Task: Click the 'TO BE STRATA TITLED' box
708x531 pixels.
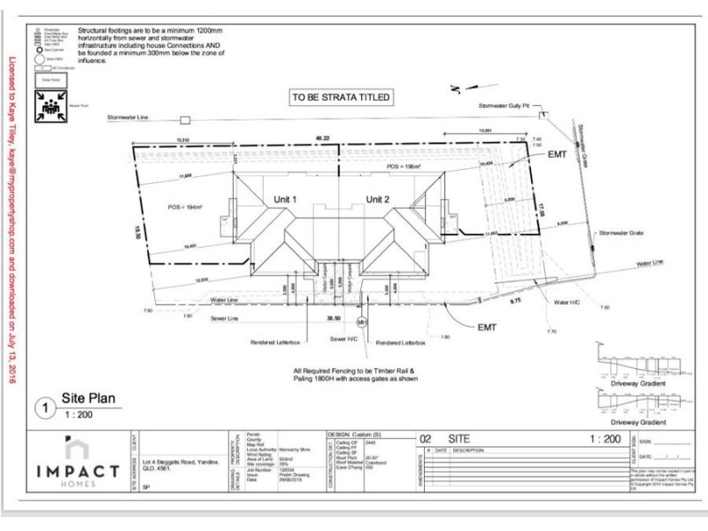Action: (341, 97)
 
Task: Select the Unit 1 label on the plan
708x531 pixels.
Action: (284, 198)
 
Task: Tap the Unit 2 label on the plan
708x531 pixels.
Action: (380, 198)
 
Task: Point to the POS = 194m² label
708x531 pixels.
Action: (186, 206)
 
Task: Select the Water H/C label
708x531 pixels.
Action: (566, 303)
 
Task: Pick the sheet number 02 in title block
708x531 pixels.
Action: (425, 438)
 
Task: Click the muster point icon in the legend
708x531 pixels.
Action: (47, 106)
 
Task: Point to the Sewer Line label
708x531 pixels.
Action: (223, 318)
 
